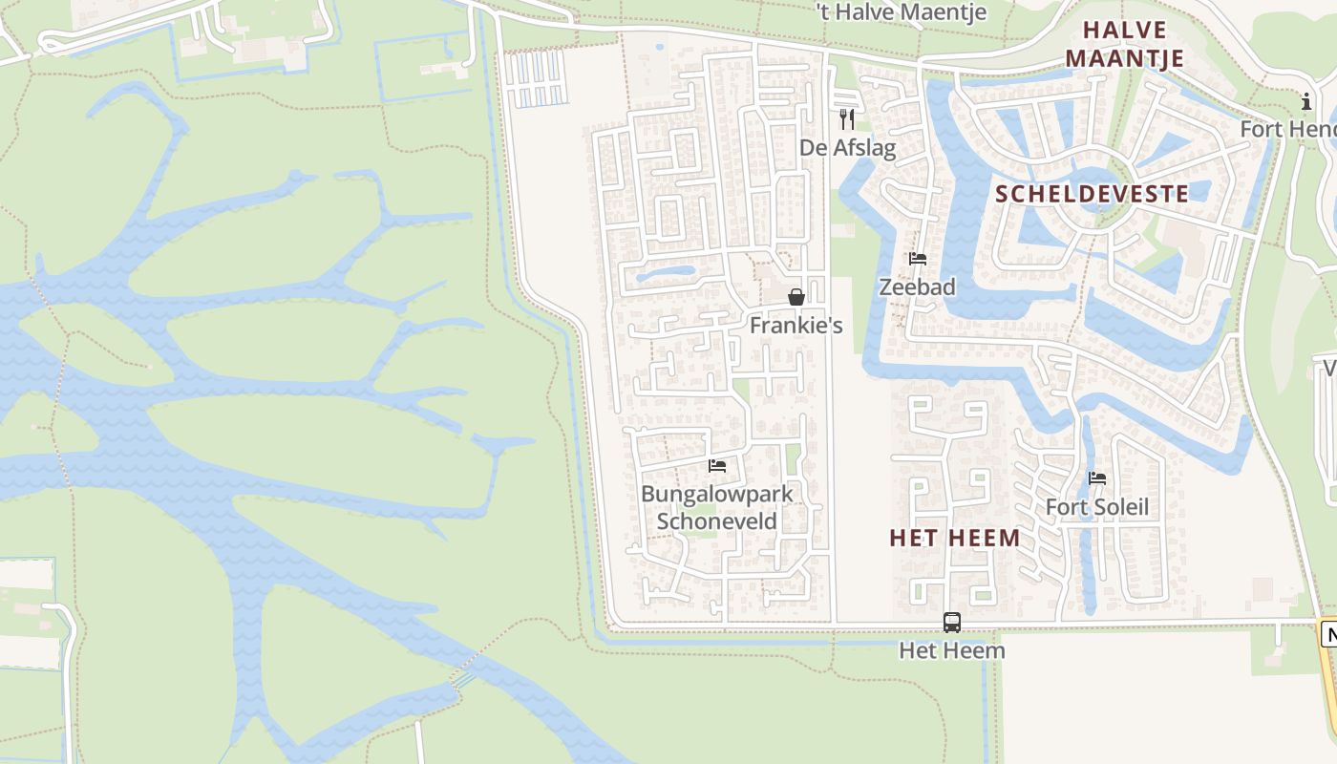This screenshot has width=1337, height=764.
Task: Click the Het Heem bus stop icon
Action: tap(952, 623)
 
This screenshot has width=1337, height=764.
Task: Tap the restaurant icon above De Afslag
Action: tap(847, 118)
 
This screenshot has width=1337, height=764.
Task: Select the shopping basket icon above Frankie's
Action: tap(796, 297)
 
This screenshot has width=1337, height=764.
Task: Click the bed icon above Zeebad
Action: tap(918, 258)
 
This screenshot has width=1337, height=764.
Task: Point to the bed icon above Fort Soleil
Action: tap(1097, 478)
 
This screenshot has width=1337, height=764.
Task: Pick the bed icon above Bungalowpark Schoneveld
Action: tap(717, 466)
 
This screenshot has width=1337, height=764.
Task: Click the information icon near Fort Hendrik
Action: tap(1306, 101)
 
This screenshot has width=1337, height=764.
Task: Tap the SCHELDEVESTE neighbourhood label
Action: tap(1093, 194)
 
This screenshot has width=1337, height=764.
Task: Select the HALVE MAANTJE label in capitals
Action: tap(1125, 44)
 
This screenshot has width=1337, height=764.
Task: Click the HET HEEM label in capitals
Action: tap(955, 538)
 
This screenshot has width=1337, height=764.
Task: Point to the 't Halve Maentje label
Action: tap(902, 12)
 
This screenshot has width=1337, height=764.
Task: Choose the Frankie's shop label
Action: tap(796, 326)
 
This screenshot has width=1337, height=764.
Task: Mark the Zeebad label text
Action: tap(917, 286)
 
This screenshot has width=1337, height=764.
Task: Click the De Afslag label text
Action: tap(848, 148)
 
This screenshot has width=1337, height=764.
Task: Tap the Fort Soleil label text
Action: tap(1097, 507)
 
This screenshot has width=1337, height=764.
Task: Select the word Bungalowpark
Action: tap(717, 495)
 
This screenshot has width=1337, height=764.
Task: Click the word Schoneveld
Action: tap(717, 521)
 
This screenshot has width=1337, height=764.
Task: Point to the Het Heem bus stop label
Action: tap(952, 651)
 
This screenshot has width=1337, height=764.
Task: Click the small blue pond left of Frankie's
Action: tap(665, 273)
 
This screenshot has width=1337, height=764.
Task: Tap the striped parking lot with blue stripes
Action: tap(537, 78)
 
